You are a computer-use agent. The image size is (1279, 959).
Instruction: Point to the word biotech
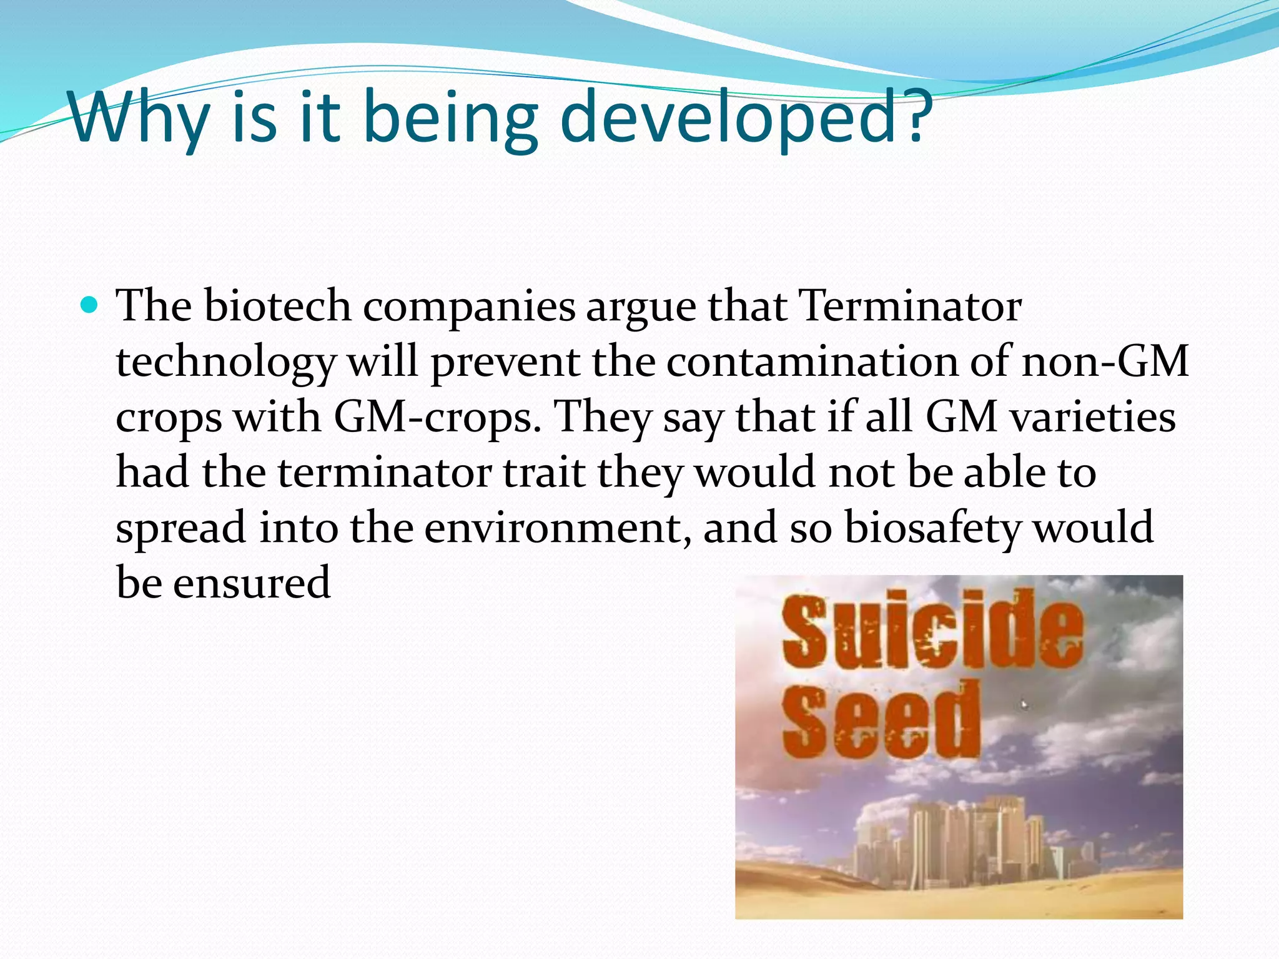click(277, 307)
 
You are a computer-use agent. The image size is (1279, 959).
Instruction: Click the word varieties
click(1092, 417)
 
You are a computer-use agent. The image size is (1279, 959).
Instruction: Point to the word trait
click(543, 473)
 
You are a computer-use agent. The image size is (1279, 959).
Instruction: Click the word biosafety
click(931, 528)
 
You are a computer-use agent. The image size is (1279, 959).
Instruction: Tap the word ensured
click(251, 583)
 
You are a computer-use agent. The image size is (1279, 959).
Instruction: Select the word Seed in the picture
click(881, 721)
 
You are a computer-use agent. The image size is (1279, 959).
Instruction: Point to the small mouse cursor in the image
click(1024, 705)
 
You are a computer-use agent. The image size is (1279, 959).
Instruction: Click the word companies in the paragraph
click(468, 307)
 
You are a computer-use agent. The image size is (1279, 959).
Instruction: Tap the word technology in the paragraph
click(225, 361)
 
